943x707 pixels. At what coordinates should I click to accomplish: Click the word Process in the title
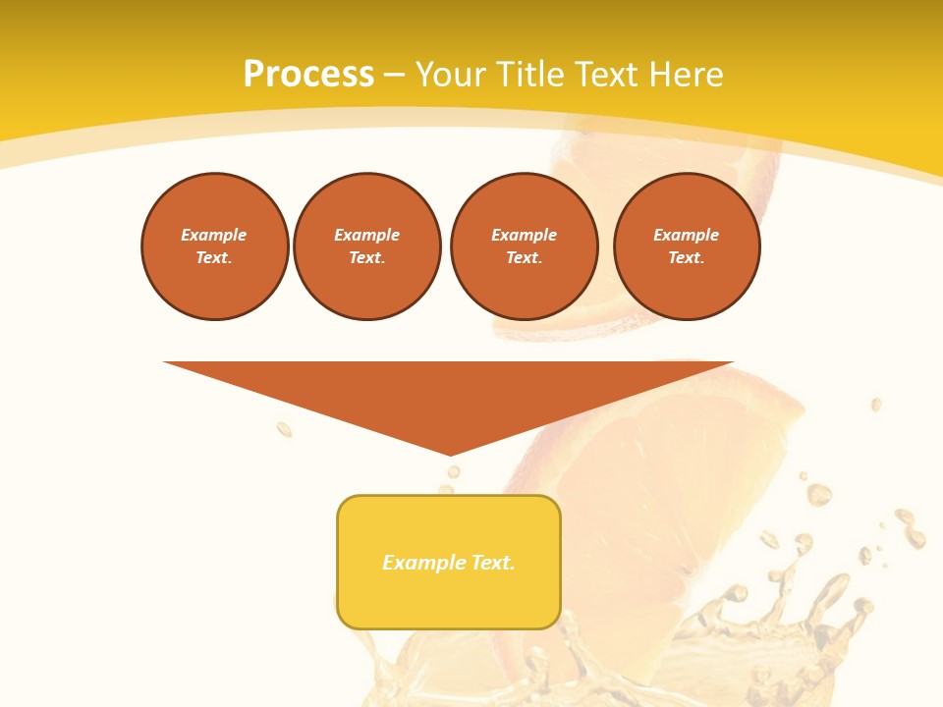tap(308, 75)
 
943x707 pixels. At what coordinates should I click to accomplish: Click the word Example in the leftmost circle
tap(213, 235)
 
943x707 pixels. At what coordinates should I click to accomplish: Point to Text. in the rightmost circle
tap(687, 257)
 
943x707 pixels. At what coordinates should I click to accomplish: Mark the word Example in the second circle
tap(366, 235)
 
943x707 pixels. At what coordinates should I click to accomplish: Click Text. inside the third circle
tap(524, 257)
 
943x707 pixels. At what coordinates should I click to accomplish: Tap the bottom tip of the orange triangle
tap(450, 453)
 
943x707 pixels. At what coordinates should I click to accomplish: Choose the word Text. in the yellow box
tap(493, 563)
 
